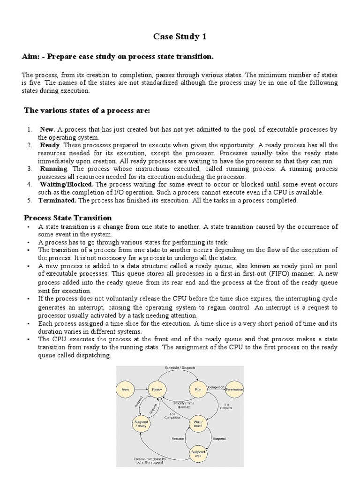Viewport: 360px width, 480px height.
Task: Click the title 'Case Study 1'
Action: click(x=180, y=37)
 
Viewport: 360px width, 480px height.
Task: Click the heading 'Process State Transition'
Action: click(x=68, y=218)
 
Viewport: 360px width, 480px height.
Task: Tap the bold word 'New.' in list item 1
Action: click(x=48, y=129)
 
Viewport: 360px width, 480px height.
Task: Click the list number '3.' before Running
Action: click(x=30, y=168)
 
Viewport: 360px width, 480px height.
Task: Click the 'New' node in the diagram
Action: click(x=125, y=389)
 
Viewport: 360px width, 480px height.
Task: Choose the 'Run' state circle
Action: click(x=197, y=389)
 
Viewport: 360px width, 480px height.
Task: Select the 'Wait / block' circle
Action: click(x=197, y=424)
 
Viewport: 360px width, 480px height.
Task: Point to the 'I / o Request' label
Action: click(x=226, y=405)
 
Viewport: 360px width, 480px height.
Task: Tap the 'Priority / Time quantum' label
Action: click(x=183, y=405)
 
